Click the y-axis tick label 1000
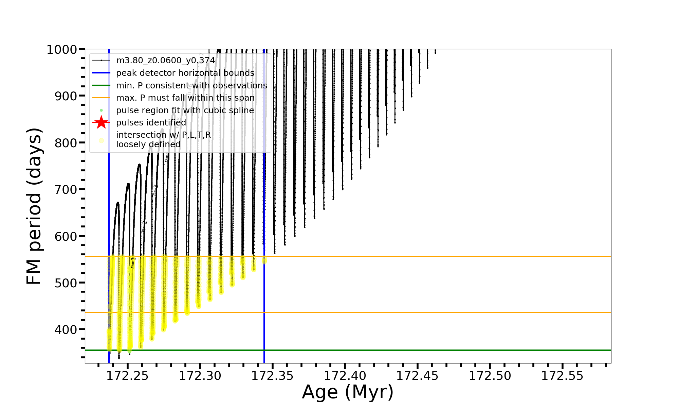[x=62, y=50]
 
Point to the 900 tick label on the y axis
[x=66, y=96]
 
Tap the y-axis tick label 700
[x=66, y=189]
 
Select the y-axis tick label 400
[x=66, y=329]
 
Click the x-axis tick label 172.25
[x=127, y=376]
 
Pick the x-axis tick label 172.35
[x=272, y=376]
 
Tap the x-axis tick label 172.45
[x=417, y=376]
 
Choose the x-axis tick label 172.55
[x=562, y=376]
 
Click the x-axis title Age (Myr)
[x=348, y=392]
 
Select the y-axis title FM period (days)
[x=34, y=206]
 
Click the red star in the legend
[x=101, y=122]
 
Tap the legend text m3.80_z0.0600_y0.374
[x=165, y=61]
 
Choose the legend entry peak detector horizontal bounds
[x=185, y=73]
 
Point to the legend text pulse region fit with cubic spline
[x=185, y=111]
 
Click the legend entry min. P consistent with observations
[x=191, y=86]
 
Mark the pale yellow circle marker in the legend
[x=101, y=140]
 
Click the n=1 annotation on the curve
[x=133, y=263]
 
